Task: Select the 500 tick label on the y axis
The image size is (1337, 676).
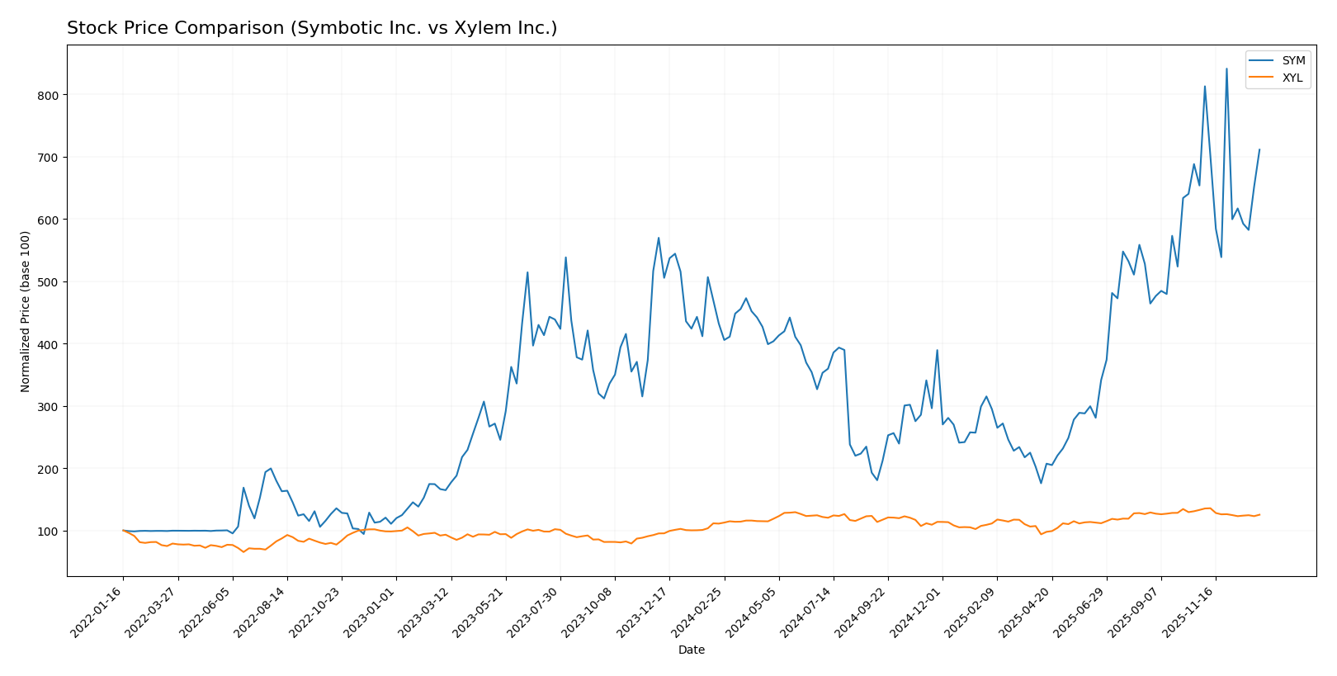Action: point(49,282)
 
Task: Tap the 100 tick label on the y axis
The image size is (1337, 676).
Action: point(49,532)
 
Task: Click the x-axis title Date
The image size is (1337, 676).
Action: point(691,650)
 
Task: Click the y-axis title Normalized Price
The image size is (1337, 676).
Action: point(26,311)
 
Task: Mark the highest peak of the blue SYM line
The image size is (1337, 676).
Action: point(1226,69)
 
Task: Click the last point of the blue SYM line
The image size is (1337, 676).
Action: point(1259,149)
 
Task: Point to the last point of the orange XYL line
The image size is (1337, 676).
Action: point(1259,515)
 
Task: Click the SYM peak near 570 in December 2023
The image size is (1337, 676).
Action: point(659,238)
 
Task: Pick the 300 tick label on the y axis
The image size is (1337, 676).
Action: point(49,407)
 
